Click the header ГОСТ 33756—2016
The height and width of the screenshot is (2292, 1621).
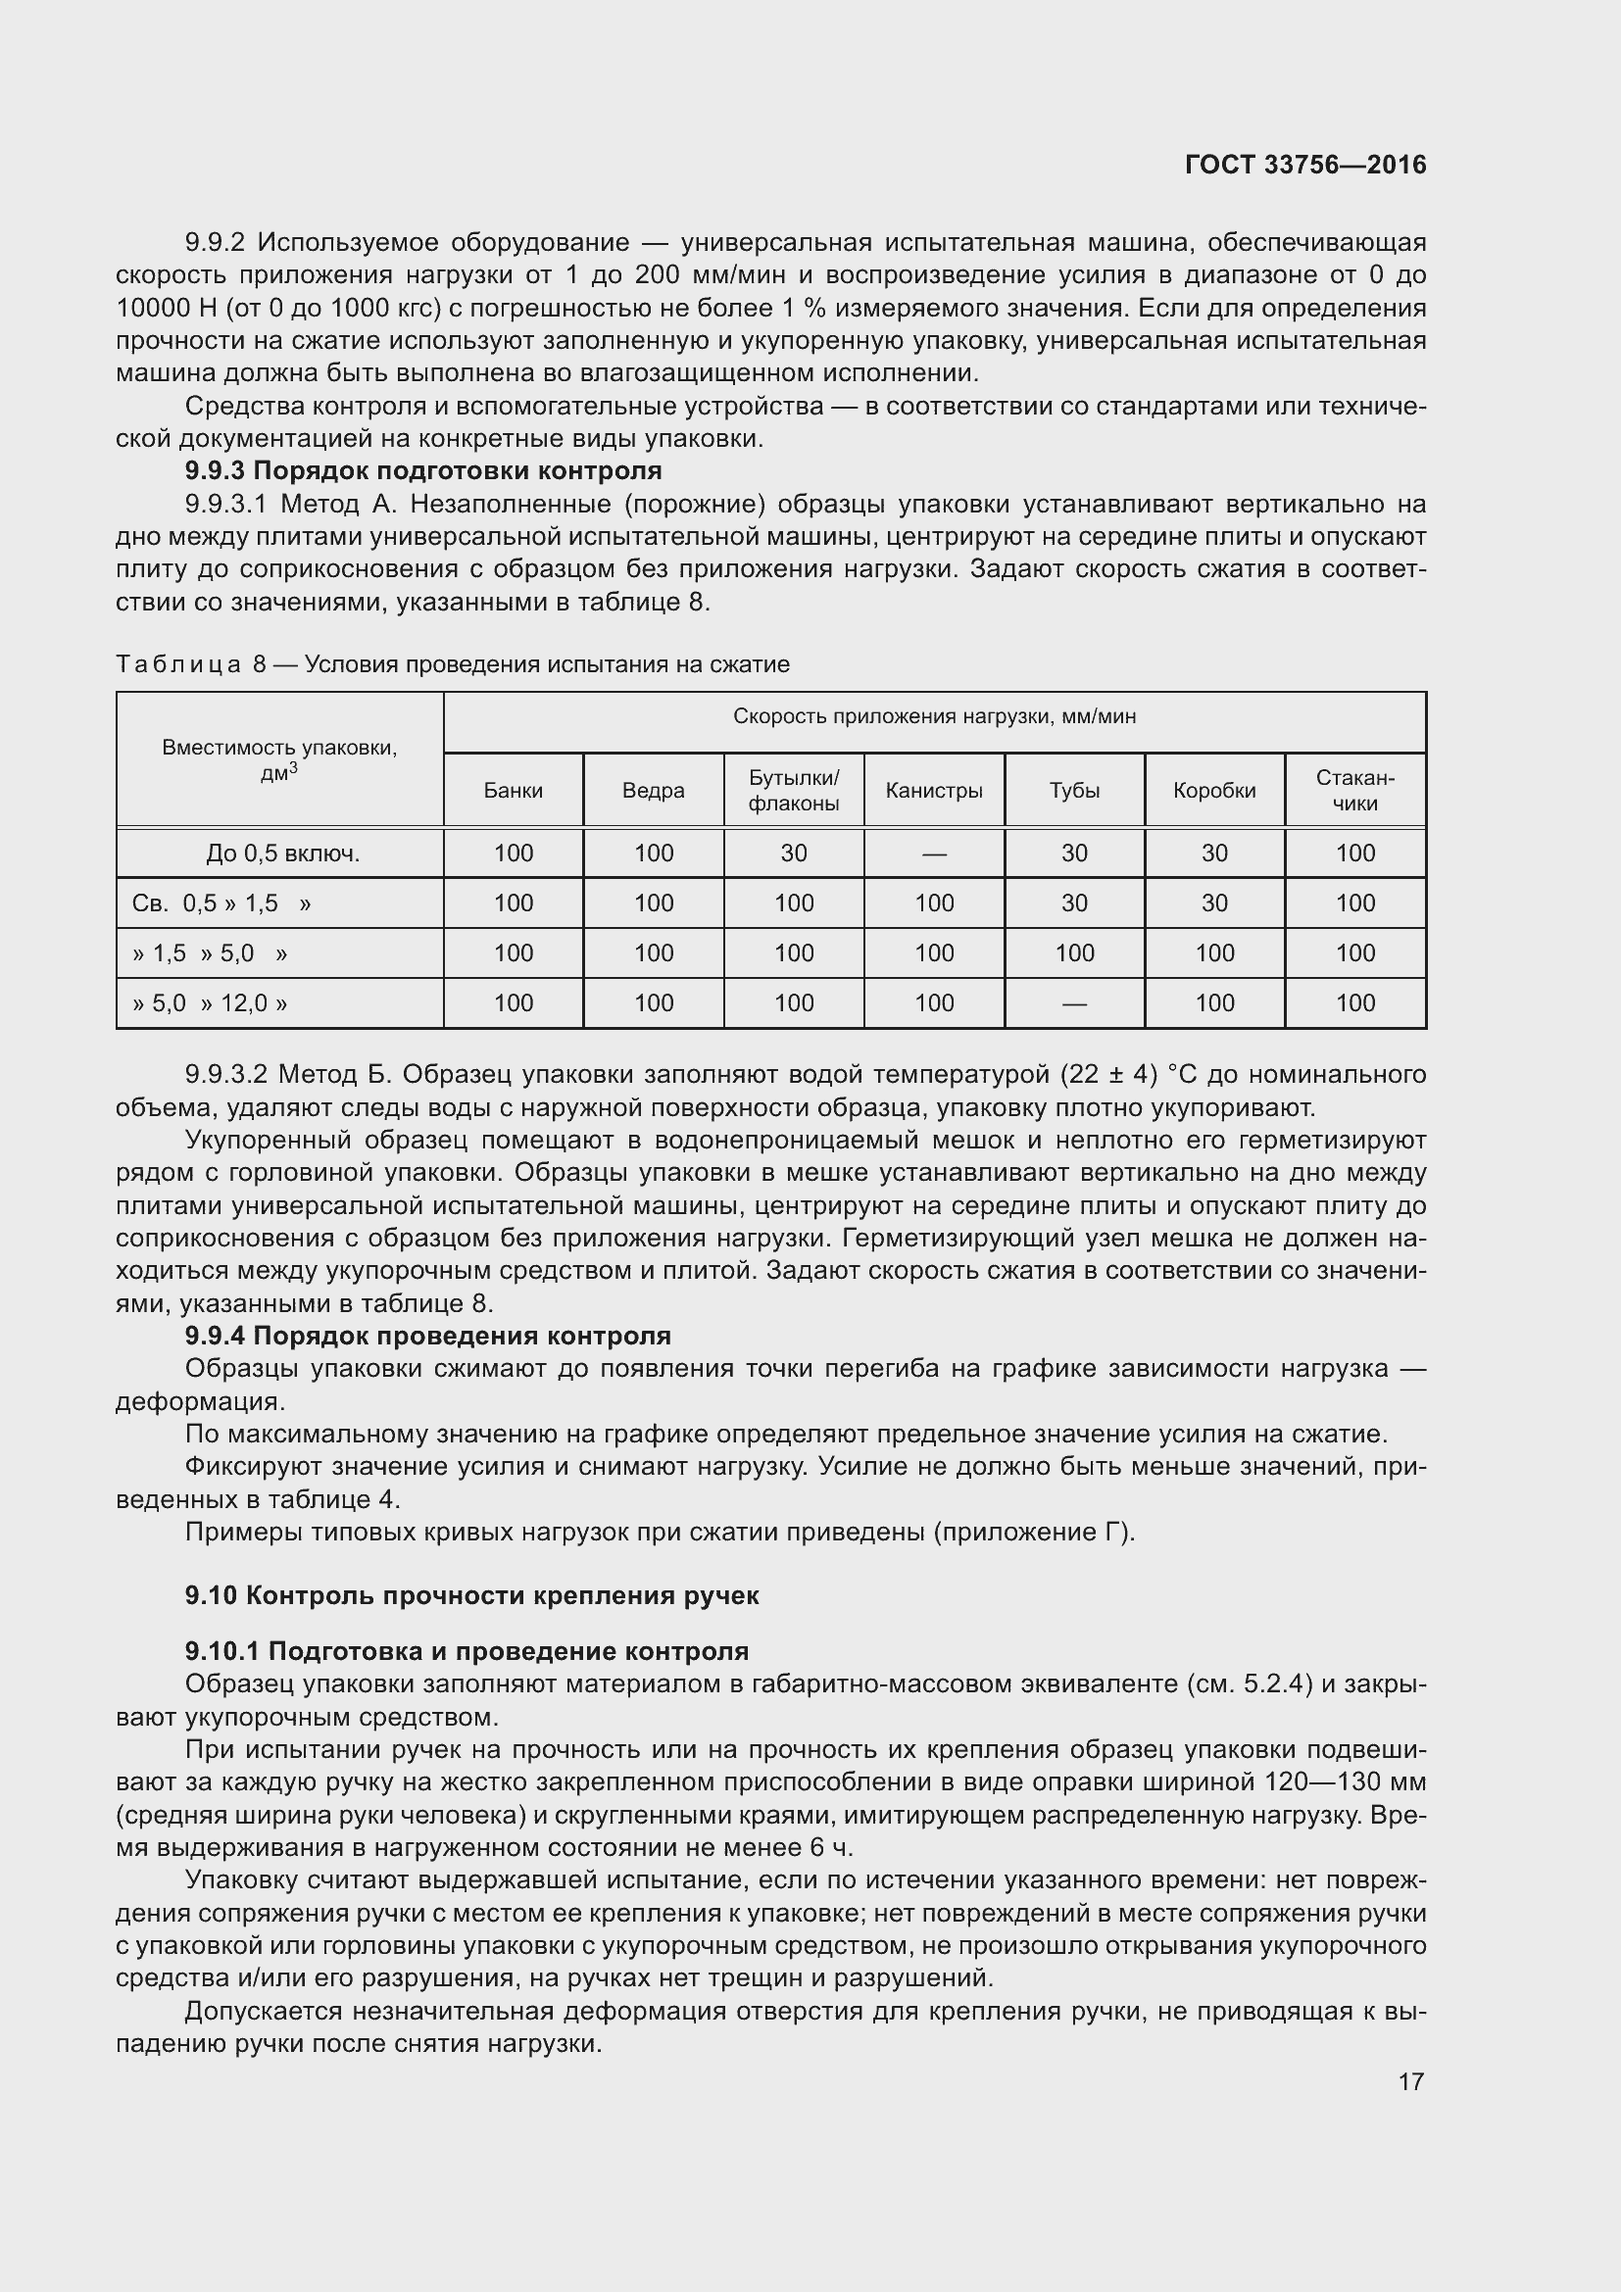1304,166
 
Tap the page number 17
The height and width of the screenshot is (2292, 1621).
1410,2081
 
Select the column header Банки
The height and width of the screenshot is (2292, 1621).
513,791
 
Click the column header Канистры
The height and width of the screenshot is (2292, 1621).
933,791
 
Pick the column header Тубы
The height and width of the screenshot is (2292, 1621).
1074,791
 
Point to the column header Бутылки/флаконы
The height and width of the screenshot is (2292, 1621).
794,790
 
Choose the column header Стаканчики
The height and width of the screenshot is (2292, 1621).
1354,790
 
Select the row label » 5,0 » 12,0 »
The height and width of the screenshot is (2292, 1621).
210,1003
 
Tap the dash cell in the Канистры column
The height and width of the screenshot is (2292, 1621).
933,854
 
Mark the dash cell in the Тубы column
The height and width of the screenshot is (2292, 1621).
1074,1004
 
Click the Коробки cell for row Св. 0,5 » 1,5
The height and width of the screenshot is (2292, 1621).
1213,903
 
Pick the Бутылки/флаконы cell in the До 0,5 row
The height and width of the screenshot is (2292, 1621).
794,853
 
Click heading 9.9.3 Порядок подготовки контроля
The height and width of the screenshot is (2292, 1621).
423,470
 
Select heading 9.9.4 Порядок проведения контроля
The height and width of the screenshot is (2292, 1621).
428,1336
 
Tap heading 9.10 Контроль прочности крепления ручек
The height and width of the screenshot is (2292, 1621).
472,1595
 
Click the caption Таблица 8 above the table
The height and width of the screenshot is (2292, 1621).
452,664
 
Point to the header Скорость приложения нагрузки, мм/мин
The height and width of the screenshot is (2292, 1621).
934,716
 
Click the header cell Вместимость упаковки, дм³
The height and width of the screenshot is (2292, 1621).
279,758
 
